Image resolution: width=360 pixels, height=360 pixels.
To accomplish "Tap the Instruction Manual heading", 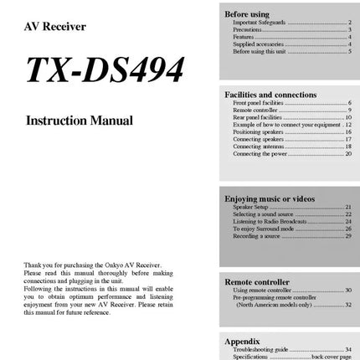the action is (x=80, y=121).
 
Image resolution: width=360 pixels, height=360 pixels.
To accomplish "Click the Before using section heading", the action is (x=247, y=14).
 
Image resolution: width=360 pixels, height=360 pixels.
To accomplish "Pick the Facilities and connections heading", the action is (x=270, y=95).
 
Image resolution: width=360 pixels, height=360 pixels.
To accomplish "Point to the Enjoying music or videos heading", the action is (x=270, y=198).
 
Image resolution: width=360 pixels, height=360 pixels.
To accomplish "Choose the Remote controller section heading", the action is (x=257, y=282).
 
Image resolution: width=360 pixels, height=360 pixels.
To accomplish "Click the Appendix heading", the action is (x=243, y=342).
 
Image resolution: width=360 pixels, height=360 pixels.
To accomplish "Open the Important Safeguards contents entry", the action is (x=259, y=23).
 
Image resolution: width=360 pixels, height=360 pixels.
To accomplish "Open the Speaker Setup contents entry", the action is (x=251, y=207).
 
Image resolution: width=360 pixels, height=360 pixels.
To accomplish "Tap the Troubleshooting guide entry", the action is (x=260, y=350).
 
